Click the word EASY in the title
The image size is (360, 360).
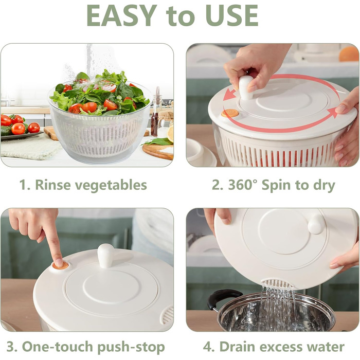point(122,15)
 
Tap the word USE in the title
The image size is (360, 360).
point(232,15)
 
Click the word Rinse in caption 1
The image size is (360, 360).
point(53,185)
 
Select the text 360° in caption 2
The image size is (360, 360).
point(243,185)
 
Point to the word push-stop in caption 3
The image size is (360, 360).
point(131,348)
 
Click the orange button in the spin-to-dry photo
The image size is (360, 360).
point(230,113)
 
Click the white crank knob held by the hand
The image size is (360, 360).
point(246,88)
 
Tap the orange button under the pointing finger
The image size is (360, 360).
point(61,266)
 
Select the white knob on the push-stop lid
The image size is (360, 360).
point(105,256)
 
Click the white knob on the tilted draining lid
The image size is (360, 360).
point(316,224)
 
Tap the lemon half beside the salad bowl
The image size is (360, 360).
point(170,134)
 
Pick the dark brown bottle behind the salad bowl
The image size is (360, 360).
point(154,124)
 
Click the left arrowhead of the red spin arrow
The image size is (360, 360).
point(229,95)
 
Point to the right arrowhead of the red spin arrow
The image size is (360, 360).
point(332,113)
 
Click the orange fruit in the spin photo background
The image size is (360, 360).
point(349,53)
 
